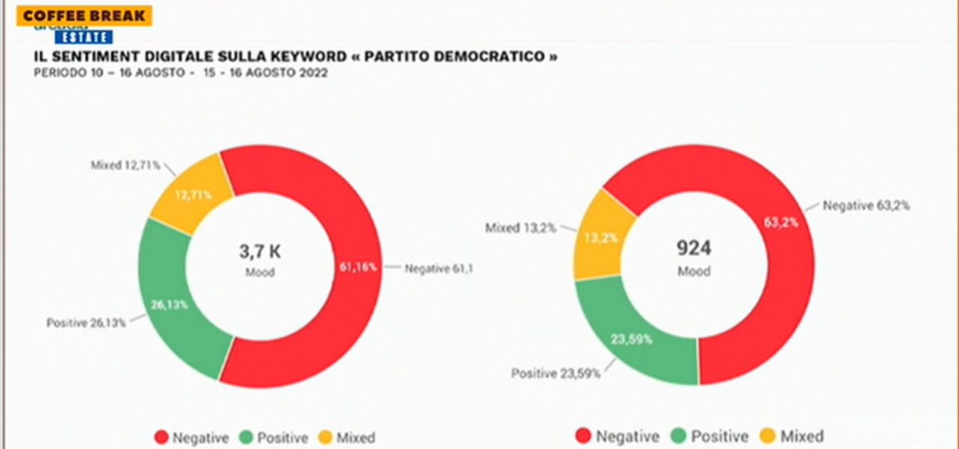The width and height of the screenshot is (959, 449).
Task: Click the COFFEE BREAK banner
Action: pyautogui.click(x=84, y=16)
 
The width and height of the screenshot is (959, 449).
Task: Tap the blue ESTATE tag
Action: pyautogui.click(x=83, y=37)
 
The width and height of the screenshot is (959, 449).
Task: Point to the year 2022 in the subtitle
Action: pyautogui.click(x=311, y=73)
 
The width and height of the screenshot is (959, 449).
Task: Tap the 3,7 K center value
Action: pyautogui.click(x=260, y=252)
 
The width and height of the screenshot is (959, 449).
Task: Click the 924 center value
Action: pyautogui.click(x=693, y=248)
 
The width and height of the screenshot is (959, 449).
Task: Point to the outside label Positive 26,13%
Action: pyautogui.click(x=86, y=323)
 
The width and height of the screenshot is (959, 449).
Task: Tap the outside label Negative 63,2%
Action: pyautogui.click(x=866, y=205)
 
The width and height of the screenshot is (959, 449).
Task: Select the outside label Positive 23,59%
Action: pyautogui.click(x=555, y=373)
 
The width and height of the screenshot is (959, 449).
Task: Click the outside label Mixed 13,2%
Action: pyautogui.click(x=520, y=227)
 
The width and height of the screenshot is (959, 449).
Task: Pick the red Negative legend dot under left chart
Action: pyautogui.click(x=161, y=437)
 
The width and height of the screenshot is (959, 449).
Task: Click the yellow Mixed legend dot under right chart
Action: pyautogui.click(x=768, y=436)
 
